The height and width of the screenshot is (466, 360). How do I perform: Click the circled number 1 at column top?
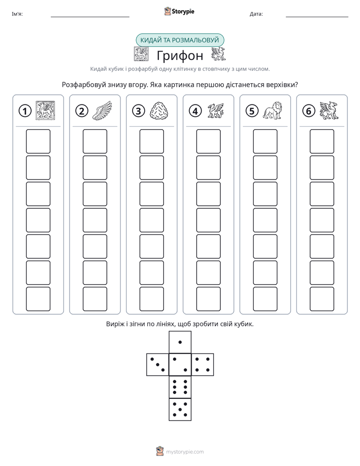[25, 111]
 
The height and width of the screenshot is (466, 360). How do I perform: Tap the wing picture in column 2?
[102, 110]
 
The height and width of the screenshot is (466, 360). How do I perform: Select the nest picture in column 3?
[159, 111]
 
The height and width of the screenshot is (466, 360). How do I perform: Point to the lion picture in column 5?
[272, 110]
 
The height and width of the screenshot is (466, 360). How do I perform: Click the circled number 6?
[309, 111]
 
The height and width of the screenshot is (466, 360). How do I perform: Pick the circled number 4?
[195, 111]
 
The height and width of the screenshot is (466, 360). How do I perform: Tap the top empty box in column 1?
[38, 141]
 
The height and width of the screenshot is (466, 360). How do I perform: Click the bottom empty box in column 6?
[322, 299]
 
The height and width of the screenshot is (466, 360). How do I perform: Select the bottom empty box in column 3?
[151, 299]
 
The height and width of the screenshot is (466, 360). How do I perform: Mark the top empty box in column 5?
[265, 141]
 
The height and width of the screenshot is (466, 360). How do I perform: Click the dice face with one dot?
[180, 342]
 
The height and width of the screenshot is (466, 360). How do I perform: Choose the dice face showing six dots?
[180, 387]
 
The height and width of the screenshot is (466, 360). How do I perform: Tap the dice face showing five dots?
[180, 409]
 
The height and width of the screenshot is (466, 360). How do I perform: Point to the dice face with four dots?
[203, 365]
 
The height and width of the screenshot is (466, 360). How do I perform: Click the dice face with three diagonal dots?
[158, 365]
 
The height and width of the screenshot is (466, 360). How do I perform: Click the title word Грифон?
[180, 55]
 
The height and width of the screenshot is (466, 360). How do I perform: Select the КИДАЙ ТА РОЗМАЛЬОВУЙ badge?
[179, 40]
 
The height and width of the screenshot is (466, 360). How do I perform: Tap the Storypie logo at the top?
[179, 11]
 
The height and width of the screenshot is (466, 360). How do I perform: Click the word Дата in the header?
[256, 14]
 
